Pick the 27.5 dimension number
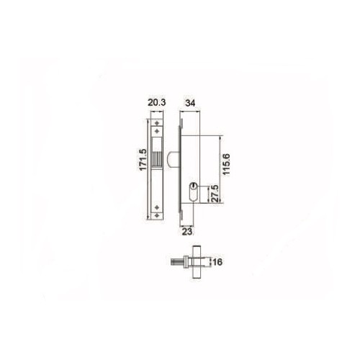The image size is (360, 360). (212, 194)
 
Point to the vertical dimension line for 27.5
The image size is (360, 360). (206, 194)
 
